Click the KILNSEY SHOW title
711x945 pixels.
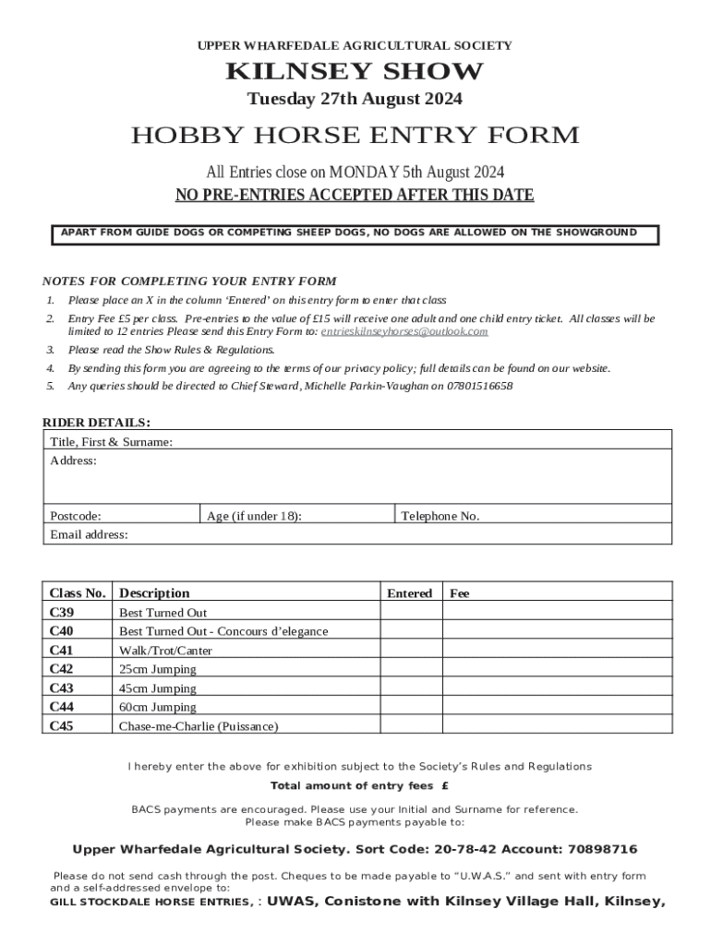355,72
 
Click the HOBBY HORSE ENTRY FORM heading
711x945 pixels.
355,136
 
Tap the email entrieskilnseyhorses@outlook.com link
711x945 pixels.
404,331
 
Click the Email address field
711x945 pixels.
369,534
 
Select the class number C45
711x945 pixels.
62,726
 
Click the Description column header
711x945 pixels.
154,592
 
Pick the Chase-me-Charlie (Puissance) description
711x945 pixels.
198,726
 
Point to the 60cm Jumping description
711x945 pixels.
158,707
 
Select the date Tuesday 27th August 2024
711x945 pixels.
355,100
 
